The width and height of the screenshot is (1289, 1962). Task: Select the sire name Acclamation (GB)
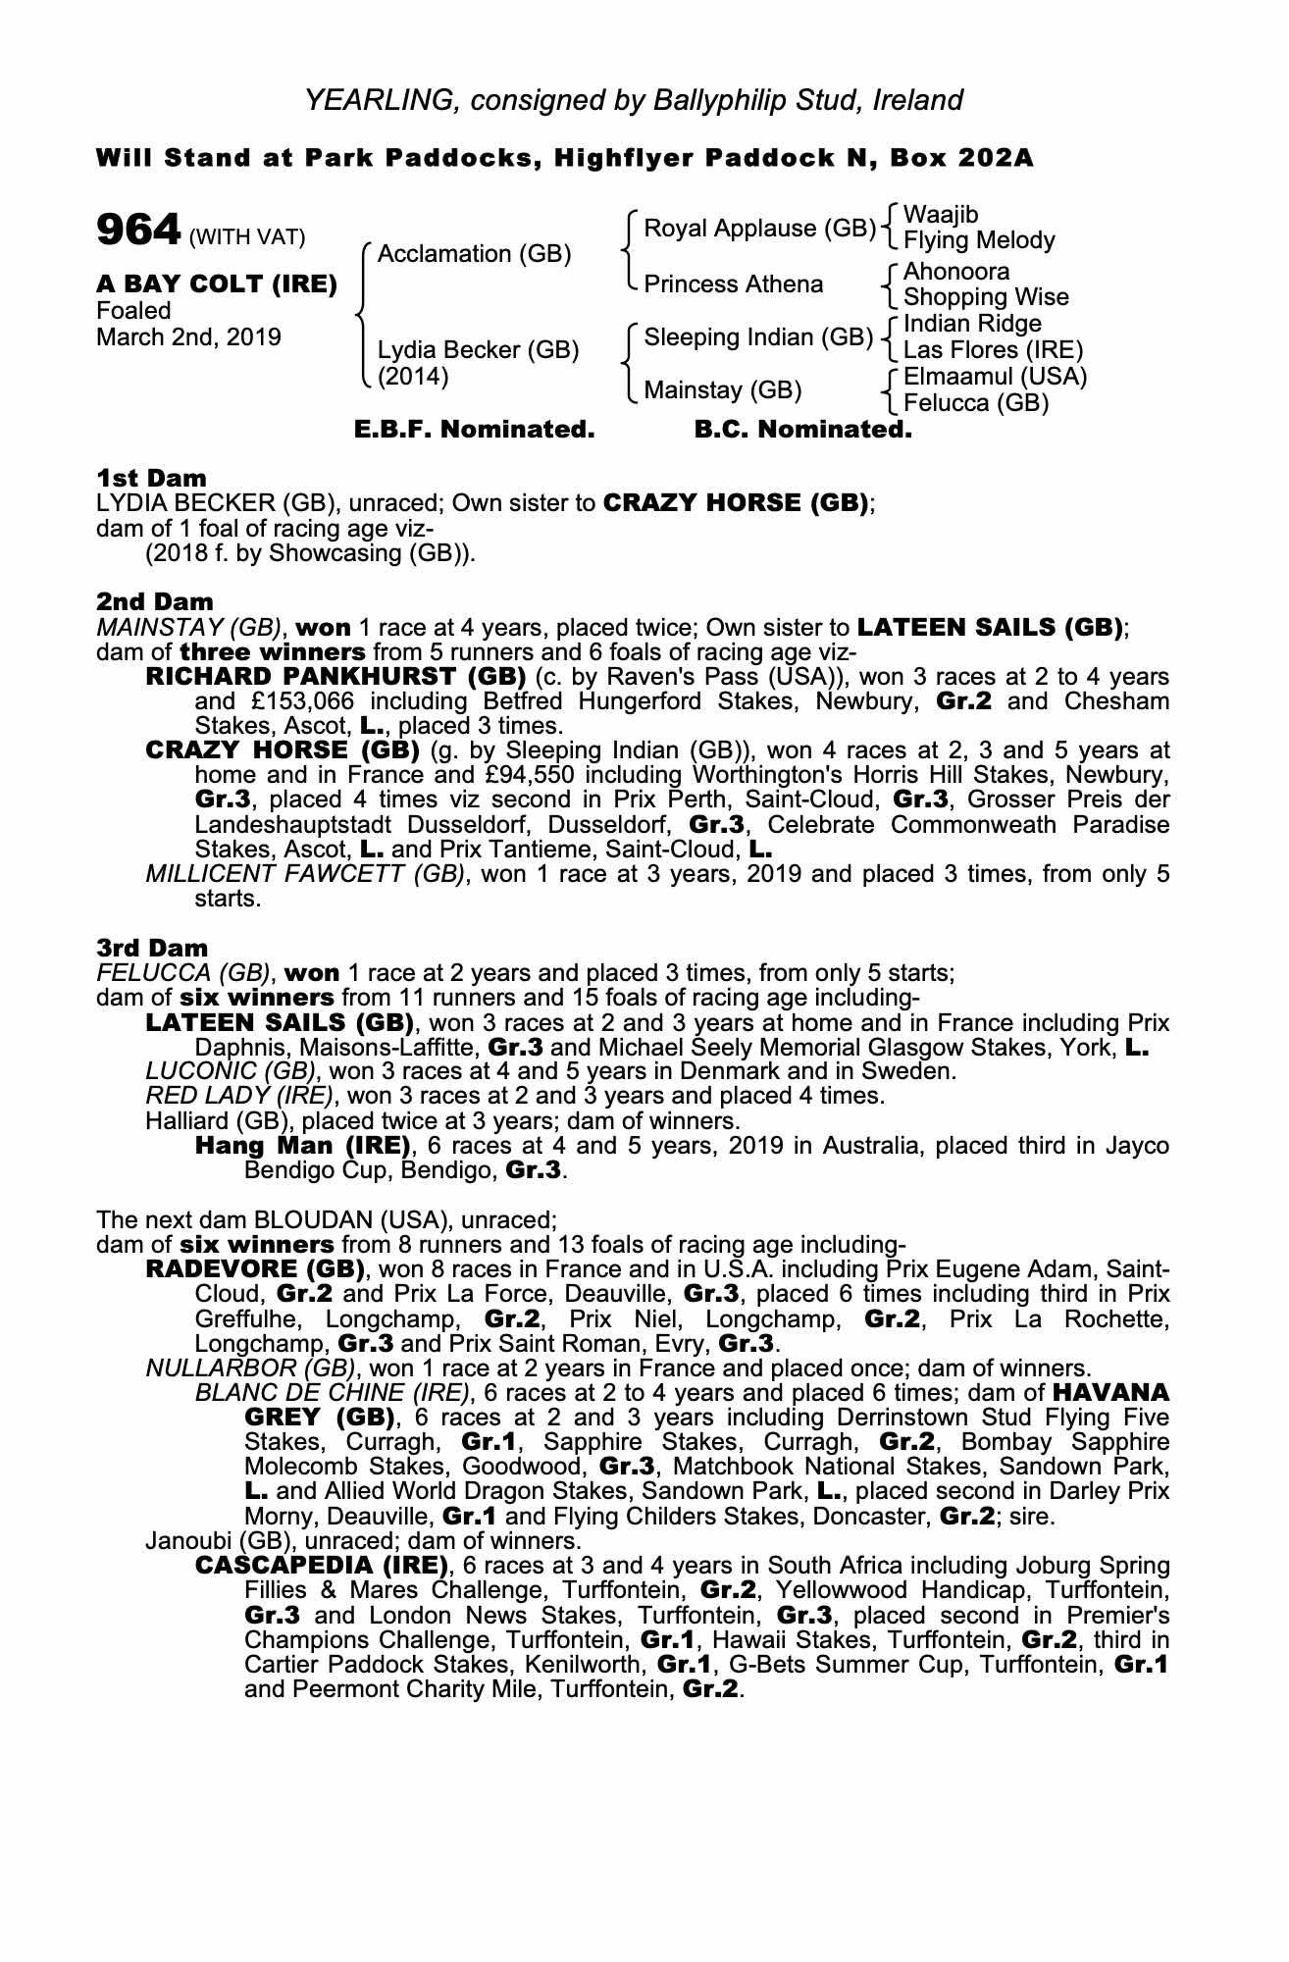(x=474, y=254)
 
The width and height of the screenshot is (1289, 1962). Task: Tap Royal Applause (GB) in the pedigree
(x=758, y=229)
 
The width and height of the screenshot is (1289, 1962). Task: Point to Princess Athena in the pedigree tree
(x=733, y=284)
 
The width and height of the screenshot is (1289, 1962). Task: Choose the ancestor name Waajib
(x=940, y=215)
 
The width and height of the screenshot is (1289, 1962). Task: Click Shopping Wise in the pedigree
(x=985, y=297)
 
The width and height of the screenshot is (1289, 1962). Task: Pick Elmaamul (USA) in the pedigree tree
(x=995, y=377)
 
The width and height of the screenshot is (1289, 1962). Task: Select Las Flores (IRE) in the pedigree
(x=993, y=350)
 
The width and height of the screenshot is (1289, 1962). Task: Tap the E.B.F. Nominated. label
(x=474, y=430)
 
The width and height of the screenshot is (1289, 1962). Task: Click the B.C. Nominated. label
(x=802, y=430)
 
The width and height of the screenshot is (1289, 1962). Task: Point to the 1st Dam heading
(x=151, y=478)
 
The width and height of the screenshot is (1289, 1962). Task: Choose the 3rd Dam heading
(x=152, y=948)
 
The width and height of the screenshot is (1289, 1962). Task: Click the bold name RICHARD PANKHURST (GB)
(x=336, y=677)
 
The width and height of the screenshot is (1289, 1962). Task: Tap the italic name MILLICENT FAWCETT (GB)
(x=304, y=874)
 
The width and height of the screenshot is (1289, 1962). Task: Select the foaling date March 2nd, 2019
(x=188, y=337)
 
